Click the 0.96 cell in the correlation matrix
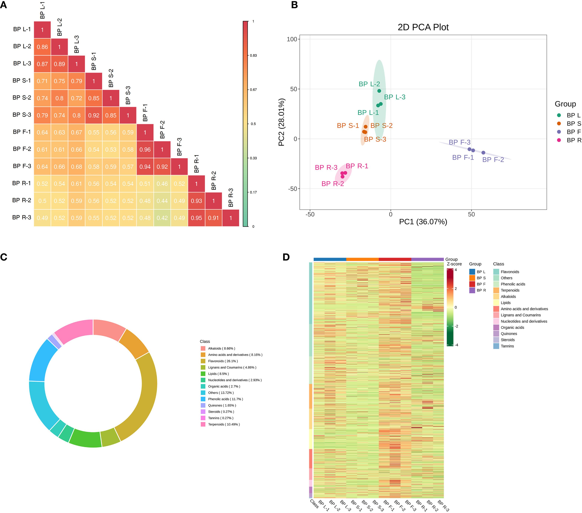point(145,149)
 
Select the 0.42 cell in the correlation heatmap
point(162,218)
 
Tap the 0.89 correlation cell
point(59,64)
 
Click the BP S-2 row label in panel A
point(22,98)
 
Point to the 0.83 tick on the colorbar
point(253,56)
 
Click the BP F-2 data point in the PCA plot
point(483,153)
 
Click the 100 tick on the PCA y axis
point(292,39)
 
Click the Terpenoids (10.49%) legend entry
point(223,424)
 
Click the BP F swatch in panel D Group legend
point(472,284)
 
